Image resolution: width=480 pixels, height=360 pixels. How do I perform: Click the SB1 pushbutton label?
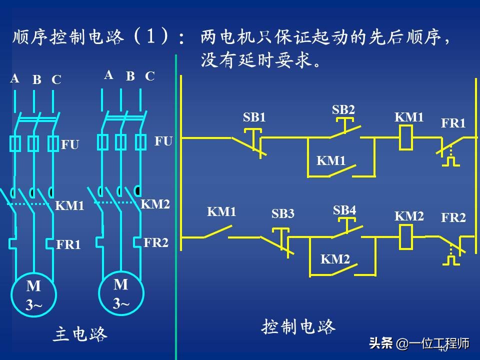254,117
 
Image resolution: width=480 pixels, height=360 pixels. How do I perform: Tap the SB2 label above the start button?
343,109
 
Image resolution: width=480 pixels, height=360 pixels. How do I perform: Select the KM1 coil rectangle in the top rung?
406,137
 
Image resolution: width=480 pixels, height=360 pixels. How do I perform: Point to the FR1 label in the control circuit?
453,123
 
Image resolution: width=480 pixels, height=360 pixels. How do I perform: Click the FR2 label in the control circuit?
453,217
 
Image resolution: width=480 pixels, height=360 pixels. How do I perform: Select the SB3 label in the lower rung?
283,214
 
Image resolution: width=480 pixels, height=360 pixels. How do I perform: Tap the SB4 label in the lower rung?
344,210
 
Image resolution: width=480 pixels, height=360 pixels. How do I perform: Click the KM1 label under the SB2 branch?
331,160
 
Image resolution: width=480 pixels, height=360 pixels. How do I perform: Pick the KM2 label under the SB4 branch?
335,259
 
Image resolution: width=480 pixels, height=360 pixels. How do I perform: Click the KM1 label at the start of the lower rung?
221,212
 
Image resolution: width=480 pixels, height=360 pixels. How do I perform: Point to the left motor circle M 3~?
34,295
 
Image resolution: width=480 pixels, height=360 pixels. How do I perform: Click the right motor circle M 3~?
121,293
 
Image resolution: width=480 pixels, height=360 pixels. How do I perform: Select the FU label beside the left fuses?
70,145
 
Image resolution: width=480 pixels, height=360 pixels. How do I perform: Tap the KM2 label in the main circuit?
155,204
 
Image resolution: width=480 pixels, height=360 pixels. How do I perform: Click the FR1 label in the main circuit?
68,245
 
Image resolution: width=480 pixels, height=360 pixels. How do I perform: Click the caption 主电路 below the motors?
80,334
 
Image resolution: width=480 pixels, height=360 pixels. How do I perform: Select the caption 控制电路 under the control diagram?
298,327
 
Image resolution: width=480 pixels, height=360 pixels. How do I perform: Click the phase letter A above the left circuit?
14,78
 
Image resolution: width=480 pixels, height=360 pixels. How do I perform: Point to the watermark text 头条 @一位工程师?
419,343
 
